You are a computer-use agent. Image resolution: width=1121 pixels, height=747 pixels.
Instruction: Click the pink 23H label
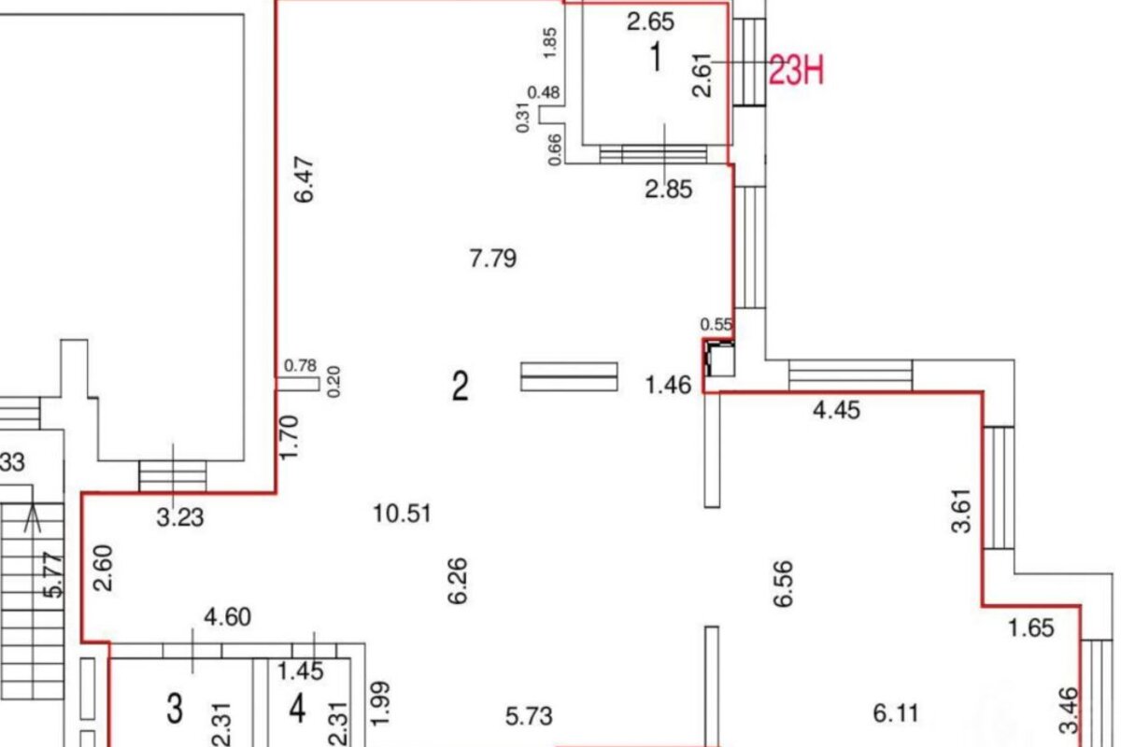tap(796, 70)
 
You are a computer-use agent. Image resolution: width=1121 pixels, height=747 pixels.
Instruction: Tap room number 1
tap(656, 57)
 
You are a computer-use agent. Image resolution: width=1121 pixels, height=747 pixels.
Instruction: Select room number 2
tap(460, 386)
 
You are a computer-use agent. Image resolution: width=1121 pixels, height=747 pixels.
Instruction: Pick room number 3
tap(175, 709)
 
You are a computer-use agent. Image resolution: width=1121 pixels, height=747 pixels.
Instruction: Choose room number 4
tap(298, 709)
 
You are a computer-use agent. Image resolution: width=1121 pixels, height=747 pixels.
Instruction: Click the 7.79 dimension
tap(493, 259)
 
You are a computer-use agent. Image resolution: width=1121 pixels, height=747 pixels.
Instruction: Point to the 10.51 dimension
tap(403, 514)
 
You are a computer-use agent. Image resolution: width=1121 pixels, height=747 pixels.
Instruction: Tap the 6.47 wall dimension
tap(305, 180)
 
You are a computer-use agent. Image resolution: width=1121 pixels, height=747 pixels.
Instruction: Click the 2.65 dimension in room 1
tap(650, 22)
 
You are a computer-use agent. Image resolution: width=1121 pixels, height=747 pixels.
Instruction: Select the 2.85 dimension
tap(669, 190)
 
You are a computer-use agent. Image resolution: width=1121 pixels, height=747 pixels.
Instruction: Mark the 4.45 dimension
tap(836, 410)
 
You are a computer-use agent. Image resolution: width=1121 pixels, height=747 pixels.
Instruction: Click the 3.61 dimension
tap(961, 511)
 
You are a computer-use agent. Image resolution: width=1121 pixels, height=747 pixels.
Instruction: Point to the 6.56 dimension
tap(783, 584)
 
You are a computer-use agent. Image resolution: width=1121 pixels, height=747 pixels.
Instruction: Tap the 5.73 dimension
tap(529, 716)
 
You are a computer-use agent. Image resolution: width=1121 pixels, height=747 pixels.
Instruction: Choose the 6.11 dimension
tap(896, 713)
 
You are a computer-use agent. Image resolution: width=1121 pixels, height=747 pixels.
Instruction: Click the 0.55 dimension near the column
tap(717, 325)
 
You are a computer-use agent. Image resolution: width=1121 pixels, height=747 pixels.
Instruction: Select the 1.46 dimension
tap(669, 386)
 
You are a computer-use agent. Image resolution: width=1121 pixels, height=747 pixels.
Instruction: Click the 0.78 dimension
tap(300, 366)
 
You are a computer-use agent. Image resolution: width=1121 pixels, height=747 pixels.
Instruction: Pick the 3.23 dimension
tap(180, 518)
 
